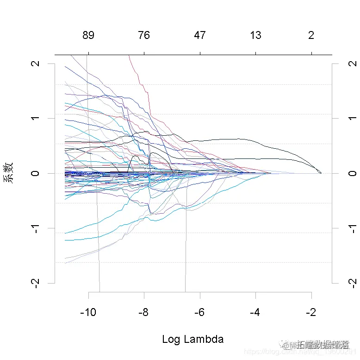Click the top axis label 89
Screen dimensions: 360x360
tap(88, 36)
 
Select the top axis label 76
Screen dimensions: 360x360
tap(144, 36)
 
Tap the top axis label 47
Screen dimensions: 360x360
tap(200, 36)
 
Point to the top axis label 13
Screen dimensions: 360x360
tap(255, 36)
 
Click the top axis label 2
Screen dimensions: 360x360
tap(311, 36)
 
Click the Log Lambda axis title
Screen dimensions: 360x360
tap(192, 339)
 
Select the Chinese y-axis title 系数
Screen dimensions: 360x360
tap(9, 173)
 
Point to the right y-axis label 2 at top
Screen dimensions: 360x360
tap(350, 63)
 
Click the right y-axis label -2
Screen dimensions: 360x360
tap(350, 282)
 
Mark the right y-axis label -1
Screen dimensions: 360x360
tap(350, 228)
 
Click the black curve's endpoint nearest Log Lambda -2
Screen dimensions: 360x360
tap(321, 173)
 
